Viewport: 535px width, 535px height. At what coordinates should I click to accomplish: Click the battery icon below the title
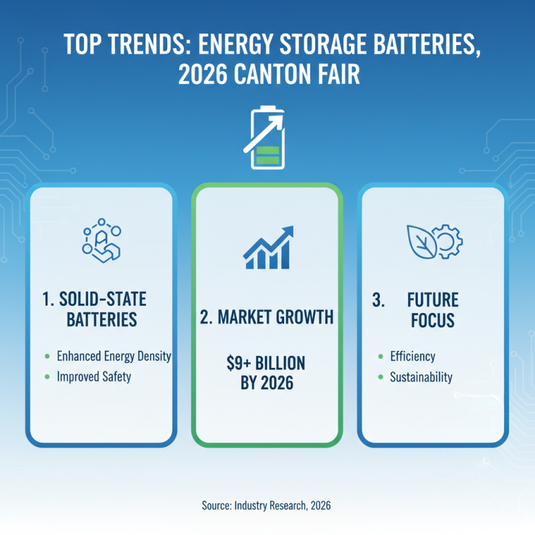(267, 138)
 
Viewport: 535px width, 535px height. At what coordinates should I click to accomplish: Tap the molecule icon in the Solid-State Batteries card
(102, 241)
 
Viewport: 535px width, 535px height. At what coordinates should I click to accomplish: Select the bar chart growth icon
(267, 247)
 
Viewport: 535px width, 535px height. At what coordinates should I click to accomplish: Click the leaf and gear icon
(433, 241)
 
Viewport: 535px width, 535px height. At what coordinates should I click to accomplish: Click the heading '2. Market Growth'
(267, 317)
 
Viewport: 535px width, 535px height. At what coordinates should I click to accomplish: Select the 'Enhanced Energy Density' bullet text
(114, 356)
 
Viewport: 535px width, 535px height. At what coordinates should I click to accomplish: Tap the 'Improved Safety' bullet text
(94, 377)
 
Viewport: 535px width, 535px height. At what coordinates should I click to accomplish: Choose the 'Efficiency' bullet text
(413, 356)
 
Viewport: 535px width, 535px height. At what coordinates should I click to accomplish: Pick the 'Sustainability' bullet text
(421, 377)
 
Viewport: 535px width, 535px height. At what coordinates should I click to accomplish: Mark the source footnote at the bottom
(267, 506)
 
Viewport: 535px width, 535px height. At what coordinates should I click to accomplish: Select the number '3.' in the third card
(379, 300)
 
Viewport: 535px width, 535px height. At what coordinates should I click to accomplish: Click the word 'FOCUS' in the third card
(433, 320)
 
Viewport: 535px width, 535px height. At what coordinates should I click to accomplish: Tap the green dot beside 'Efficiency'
(381, 357)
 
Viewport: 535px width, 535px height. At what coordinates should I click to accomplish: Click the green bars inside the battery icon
(267, 155)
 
